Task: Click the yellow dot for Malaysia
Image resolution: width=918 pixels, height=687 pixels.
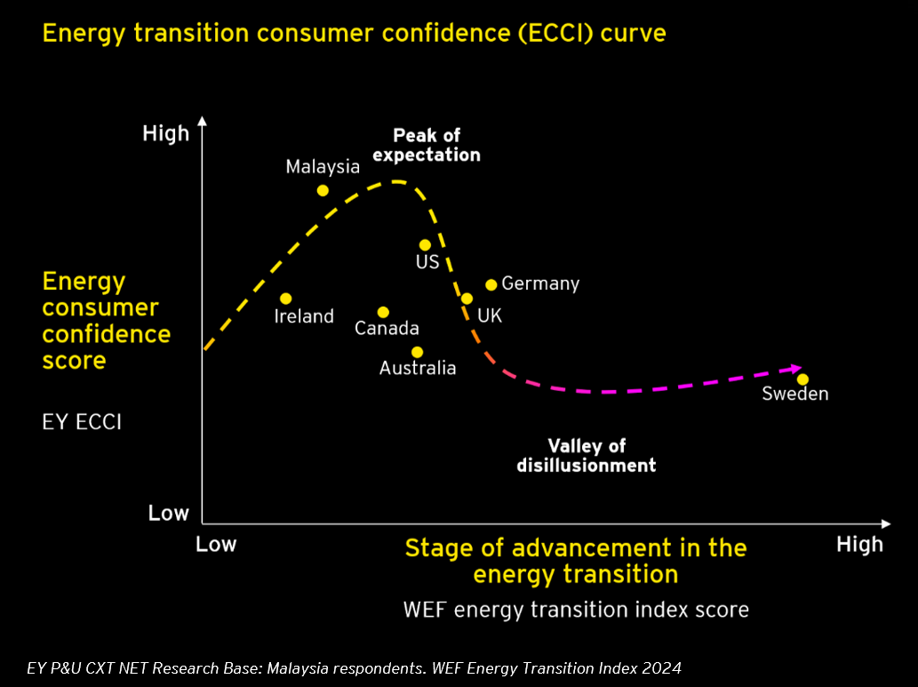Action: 323,190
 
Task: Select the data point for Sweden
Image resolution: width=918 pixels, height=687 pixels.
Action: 802,379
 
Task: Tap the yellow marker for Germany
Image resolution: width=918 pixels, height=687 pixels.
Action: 491,284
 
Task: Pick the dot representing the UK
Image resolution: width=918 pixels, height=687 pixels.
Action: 467,299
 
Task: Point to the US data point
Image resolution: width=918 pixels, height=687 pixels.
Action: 425,244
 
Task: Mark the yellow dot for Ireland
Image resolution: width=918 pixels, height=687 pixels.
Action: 285,299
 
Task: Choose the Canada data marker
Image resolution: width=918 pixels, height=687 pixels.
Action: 383,312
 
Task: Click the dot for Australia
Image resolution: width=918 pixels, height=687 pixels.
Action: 417,352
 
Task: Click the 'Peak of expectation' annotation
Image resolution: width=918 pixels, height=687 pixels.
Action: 427,145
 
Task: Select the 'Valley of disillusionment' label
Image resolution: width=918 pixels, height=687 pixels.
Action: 587,455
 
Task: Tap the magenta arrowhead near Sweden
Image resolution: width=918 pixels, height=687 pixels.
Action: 794,368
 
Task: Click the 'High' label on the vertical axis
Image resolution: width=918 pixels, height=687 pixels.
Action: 166,133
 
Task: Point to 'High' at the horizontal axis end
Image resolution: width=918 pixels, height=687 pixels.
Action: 859,544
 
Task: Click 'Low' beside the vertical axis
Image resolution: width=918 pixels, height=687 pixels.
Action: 168,513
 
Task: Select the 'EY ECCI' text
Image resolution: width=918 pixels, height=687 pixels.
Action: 82,421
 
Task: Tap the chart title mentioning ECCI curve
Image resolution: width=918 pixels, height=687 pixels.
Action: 354,34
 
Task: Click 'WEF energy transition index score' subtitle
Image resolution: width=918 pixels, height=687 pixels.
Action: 576,610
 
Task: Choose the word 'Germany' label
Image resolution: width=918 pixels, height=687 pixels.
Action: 540,284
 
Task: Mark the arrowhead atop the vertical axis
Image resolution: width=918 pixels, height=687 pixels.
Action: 203,121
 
